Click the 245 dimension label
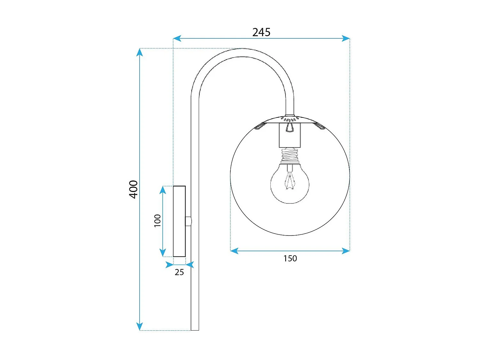coord(261,32)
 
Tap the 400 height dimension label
coord(133,189)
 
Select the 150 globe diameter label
coord(290,259)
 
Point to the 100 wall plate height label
coord(157,221)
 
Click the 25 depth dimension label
coord(179,272)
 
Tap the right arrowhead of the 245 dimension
coord(346,38)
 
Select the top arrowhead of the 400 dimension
coord(140,52)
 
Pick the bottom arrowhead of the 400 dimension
coord(140,326)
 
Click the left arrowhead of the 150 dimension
coord(234,251)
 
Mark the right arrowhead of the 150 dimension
coord(346,251)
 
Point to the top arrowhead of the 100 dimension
coord(163,190)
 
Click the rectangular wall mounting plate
coord(179,221)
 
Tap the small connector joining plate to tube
coord(188,221)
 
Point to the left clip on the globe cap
coord(260,126)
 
